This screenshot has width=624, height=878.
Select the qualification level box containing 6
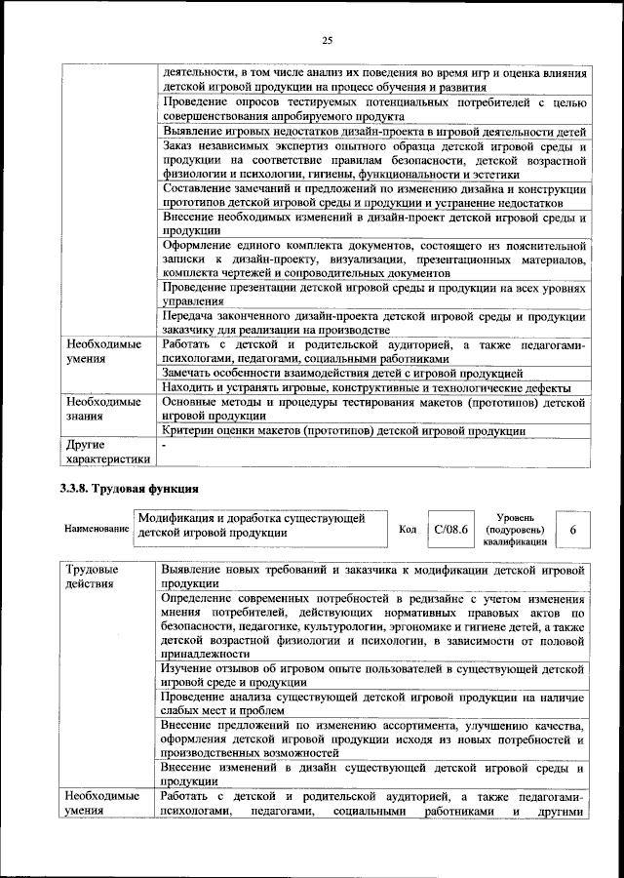(572, 529)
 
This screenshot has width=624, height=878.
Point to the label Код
(408, 529)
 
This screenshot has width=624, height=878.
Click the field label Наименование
(97, 529)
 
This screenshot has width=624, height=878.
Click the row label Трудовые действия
(92, 576)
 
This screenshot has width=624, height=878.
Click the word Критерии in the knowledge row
(192, 429)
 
